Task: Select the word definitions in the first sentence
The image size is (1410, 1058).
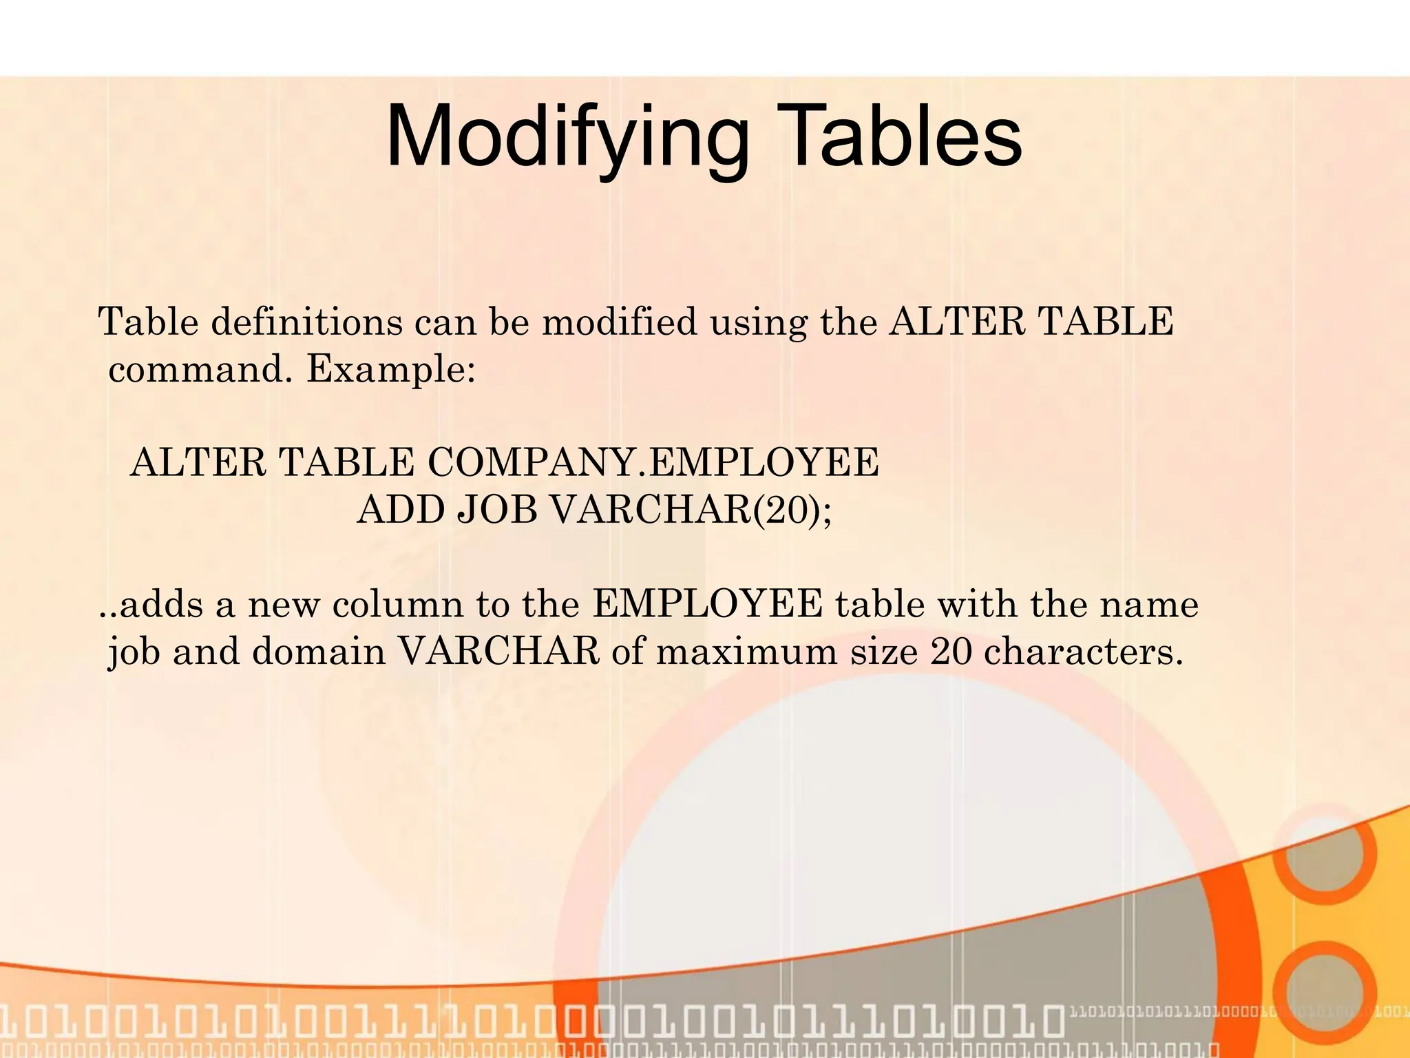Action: click(x=307, y=322)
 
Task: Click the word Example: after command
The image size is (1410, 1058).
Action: click(x=390, y=370)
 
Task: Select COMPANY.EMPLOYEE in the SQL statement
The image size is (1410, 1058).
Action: click(x=653, y=462)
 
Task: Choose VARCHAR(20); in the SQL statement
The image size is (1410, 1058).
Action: click(x=691, y=510)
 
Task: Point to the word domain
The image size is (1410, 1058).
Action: click(x=319, y=652)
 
